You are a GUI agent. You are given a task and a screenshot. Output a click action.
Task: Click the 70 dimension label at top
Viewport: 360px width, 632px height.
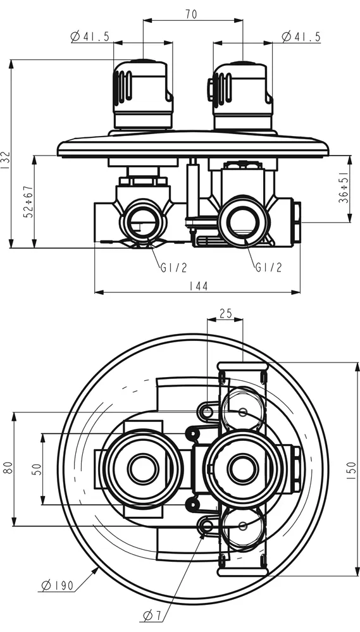192,14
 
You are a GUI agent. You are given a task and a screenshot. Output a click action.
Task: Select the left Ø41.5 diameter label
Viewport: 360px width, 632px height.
90,37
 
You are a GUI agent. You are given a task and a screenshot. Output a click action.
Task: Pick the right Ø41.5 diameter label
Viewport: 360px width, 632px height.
301,37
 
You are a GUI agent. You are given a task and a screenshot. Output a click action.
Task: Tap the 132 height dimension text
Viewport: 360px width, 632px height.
5,161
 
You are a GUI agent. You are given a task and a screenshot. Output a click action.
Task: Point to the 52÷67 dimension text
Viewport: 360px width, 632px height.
28,202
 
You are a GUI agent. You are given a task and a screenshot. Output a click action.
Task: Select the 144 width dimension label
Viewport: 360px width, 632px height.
198,286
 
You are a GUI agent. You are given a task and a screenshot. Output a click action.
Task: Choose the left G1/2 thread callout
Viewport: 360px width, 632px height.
174,267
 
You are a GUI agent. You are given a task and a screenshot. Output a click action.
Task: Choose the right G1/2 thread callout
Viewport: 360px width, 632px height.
268,267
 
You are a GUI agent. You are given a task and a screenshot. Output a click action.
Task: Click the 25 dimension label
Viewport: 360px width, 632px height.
225,313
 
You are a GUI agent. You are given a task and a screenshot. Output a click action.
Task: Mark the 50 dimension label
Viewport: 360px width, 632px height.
37,469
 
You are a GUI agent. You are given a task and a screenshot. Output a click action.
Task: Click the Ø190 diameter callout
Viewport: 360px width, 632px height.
58,585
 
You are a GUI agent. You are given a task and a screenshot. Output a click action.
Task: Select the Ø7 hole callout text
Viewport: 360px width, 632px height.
152,616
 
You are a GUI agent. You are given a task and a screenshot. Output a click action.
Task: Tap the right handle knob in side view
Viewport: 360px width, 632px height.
241,95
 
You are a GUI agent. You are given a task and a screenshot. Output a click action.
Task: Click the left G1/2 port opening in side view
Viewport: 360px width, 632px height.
143,221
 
